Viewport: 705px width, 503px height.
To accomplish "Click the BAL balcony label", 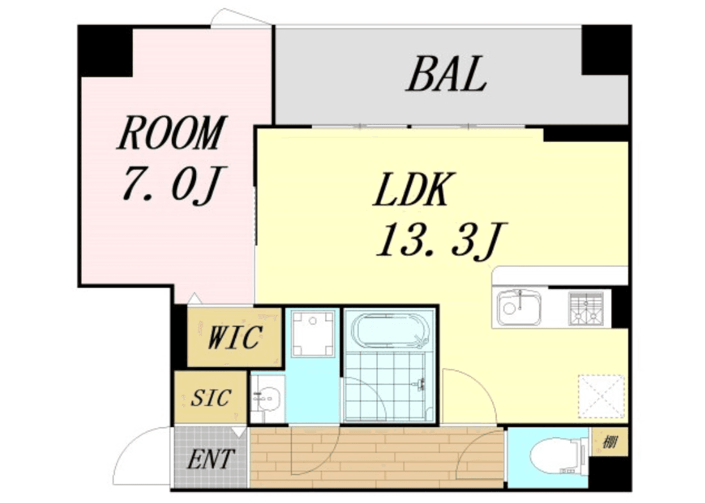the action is pyautogui.click(x=447, y=75).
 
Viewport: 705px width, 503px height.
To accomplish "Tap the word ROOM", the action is pyautogui.click(x=172, y=132).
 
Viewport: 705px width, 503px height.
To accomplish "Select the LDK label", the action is pyautogui.click(x=412, y=189).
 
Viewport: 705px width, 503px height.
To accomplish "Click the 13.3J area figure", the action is pyautogui.click(x=441, y=241).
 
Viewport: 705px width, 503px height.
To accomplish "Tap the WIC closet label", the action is pyautogui.click(x=235, y=337).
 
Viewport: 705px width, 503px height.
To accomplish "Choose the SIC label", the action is pyautogui.click(x=211, y=397).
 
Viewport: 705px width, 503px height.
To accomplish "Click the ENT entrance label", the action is pyautogui.click(x=210, y=459).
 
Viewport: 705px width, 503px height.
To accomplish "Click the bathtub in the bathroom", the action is pyautogui.click(x=388, y=331).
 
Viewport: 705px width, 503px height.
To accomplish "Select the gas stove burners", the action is pyautogui.click(x=586, y=308).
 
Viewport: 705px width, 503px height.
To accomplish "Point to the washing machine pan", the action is pyautogui.click(x=313, y=333).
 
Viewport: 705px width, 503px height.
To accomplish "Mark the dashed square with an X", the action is pyautogui.click(x=601, y=396).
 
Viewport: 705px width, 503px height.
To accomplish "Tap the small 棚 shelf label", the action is pyautogui.click(x=609, y=442).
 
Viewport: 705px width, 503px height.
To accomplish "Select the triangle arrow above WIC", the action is pyautogui.click(x=194, y=298).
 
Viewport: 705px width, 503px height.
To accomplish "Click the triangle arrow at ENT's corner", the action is pyautogui.click(x=239, y=433).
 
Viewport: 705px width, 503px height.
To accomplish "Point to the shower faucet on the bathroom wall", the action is pyautogui.click(x=421, y=384).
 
